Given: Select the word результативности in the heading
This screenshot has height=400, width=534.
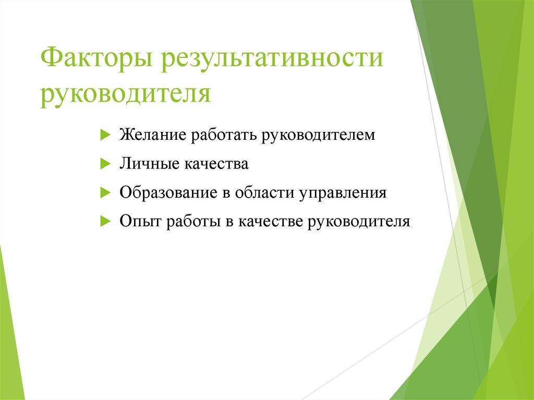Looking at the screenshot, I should pos(272,58).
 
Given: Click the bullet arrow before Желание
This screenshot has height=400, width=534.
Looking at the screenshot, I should pos(104,135).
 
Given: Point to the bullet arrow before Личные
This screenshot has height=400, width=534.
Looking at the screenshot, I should pos(104,164).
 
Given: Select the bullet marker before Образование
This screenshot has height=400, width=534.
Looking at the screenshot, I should pos(104,192).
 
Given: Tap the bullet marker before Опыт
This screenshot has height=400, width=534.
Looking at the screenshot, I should pos(104,221).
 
